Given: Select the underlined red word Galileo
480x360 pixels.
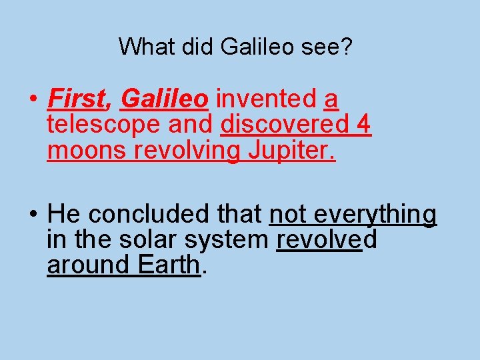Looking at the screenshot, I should coord(164,99).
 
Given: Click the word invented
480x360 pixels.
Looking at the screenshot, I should coord(267,99).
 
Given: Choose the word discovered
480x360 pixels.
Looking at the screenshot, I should coord(285,125).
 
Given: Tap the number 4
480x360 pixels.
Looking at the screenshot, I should coord(365,125).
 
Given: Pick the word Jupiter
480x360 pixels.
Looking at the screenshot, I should coord(292,151).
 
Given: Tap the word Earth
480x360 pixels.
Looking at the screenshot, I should coord(169,265).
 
